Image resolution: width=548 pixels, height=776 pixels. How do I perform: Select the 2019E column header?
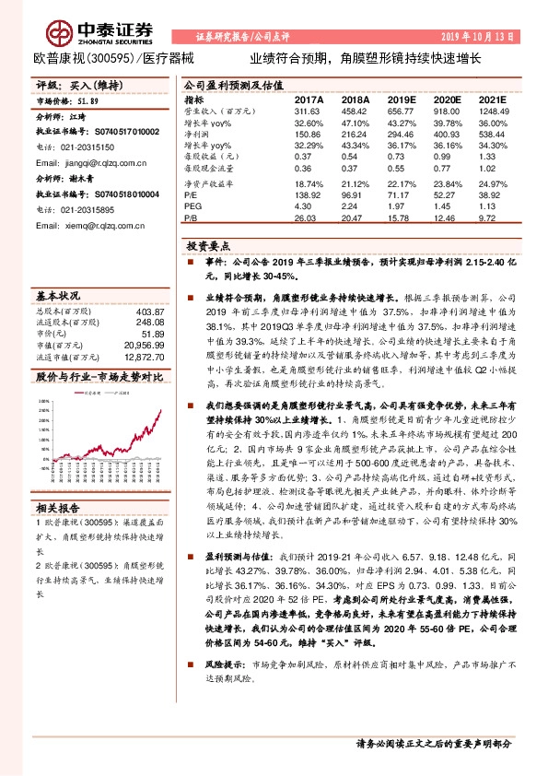point(402,99)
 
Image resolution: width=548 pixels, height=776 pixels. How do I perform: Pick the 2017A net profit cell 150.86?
point(309,134)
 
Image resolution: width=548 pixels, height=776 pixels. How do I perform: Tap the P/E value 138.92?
point(309,197)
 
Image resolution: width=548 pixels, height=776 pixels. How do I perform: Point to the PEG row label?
point(192,208)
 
